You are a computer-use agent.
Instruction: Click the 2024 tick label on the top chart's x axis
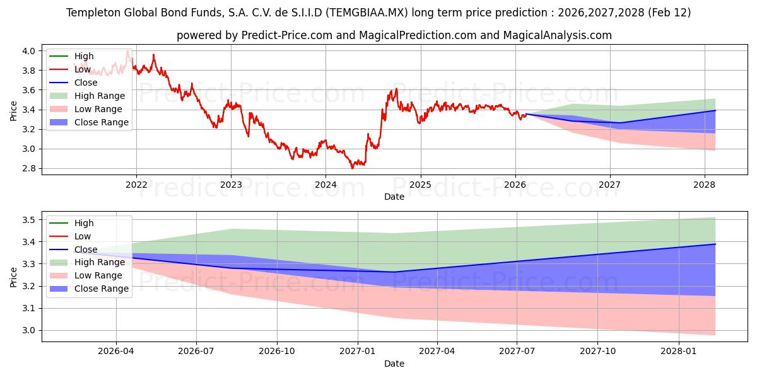(x=326, y=185)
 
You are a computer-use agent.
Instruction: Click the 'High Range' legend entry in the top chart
(x=99, y=96)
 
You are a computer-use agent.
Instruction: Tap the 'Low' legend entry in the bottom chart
(x=83, y=236)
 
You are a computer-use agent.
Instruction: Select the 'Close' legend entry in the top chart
(x=86, y=83)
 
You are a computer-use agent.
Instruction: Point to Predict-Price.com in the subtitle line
(x=287, y=35)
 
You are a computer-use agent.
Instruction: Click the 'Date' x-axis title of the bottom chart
(x=394, y=364)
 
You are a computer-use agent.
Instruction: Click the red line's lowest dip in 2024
(x=353, y=168)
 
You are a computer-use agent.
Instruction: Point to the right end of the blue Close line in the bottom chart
(x=715, y=244)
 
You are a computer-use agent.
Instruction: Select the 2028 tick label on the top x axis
(x=705, y=185)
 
